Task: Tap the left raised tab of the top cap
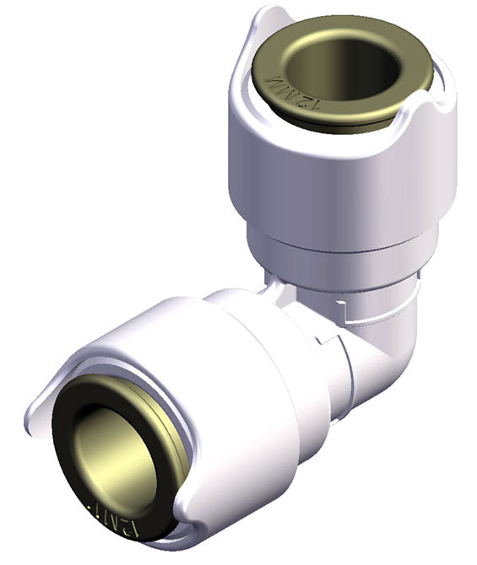(x=253, y=42)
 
